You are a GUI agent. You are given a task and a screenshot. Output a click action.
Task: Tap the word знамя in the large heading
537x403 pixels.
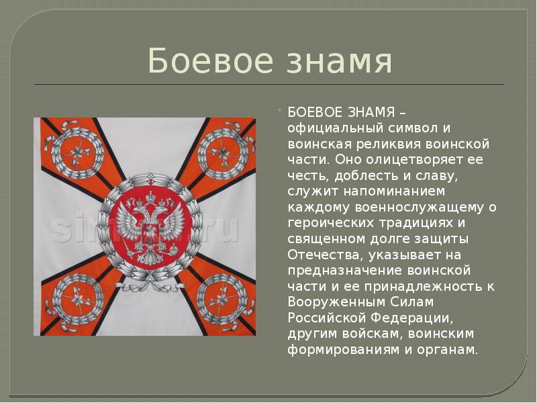335,61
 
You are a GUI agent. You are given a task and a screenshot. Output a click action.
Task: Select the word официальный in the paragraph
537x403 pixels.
327,128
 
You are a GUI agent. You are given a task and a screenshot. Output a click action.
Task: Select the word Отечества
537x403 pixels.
317,255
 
